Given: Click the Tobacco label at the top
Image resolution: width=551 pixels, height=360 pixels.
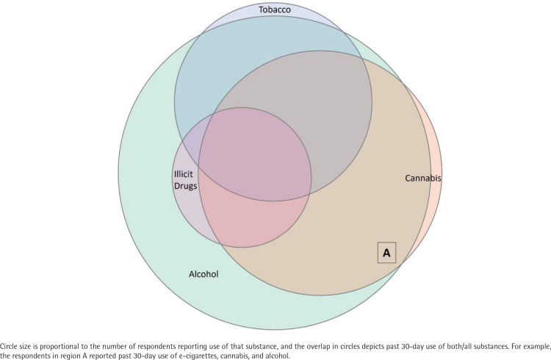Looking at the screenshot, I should coord(273,10).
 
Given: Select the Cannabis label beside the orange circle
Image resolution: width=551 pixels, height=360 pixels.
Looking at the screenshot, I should coord(424,178).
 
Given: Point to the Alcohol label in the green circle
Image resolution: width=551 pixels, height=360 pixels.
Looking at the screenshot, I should coord(204,274).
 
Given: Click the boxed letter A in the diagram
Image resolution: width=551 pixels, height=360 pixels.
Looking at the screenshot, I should coord(386,253).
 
